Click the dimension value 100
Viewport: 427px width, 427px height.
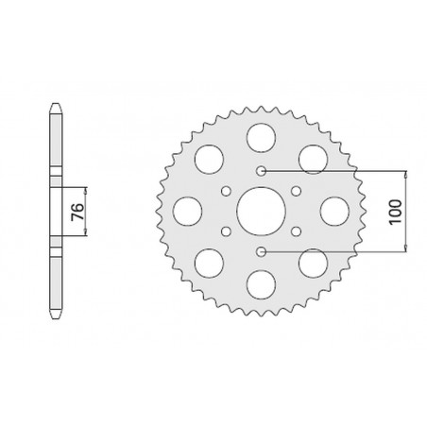(x=395, y=212)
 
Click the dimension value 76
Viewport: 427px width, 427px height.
(x=77, y=212)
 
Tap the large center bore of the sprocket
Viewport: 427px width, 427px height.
(x=261, y=211)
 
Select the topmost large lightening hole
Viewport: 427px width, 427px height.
(x=261, y=138)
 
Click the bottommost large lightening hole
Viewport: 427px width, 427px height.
(x=261, y=284)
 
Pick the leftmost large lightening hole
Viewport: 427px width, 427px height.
(x=188, y=212)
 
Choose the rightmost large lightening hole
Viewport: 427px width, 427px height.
(x=334, y=212)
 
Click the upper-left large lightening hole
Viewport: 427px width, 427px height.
(x=209, y=160)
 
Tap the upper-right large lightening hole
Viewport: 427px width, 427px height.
(x=313, y=160)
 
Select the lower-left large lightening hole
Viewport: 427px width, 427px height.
(x=209, y=264)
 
